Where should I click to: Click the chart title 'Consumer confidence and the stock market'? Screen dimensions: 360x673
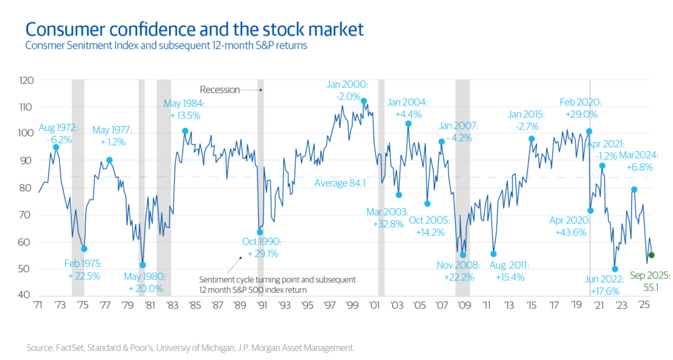[193, 30]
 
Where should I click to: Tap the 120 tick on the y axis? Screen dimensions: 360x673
[25, 80]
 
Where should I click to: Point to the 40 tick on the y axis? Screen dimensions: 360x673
[25, 296]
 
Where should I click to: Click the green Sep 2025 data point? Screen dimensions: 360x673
[651, 255]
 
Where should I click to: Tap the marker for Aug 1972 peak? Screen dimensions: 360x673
[57, 147]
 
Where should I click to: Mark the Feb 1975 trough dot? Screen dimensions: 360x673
[84, 248]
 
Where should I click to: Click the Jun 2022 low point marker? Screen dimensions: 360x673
[615, 269]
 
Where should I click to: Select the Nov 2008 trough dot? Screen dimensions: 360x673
[463, 255]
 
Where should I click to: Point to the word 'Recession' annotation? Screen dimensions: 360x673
[220, 89]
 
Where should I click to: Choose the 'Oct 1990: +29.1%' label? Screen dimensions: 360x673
[258, 249]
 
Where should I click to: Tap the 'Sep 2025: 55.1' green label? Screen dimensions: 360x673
[643, 282]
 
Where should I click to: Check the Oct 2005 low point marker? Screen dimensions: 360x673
[427, 203]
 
